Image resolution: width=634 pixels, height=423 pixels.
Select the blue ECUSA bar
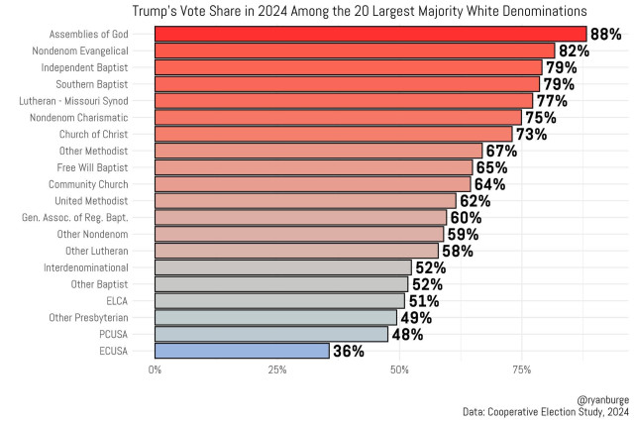click(242, 351)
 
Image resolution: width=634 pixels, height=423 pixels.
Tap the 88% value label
click(605, 34)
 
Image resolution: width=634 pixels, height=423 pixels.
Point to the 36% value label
click(348, 351)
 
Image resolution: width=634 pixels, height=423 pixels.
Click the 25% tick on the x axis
click(277, 370)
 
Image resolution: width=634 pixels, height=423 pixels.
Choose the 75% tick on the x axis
click(522, 370)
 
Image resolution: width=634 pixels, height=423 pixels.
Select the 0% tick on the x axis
click(156, 370)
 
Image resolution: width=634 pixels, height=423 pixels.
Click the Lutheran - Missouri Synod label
click(86, 100)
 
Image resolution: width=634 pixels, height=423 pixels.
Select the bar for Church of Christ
click(333, 134)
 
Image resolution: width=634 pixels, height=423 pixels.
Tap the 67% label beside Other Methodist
click(500, 151)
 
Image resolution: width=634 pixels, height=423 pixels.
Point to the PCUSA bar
click(271, 334)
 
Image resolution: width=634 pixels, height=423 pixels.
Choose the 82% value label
click(574, 51)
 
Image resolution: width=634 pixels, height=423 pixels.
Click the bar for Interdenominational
click(282, 267)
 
